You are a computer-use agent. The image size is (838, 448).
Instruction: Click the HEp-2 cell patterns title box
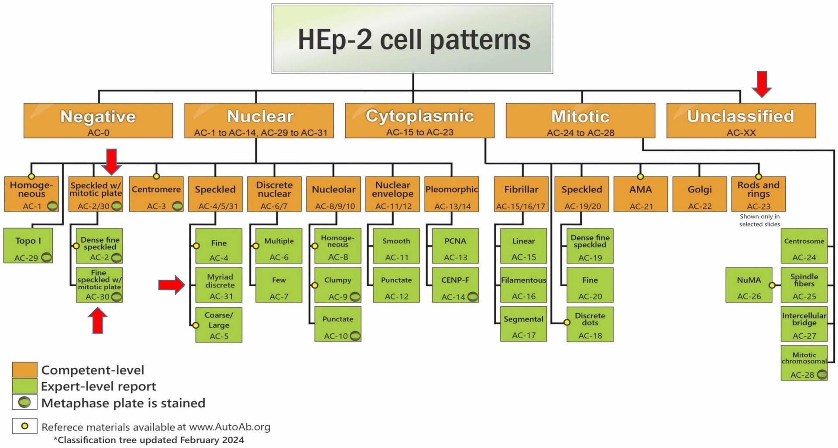point(412,39)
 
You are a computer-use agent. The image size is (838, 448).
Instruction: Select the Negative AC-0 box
point(98,120)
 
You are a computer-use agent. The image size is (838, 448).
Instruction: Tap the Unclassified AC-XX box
point(741,120)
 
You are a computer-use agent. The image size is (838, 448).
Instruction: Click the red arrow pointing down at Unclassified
point(762,84)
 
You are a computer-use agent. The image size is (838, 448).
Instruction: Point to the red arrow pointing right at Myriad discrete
point(171,285)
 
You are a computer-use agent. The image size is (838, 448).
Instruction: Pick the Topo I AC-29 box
point(28,246)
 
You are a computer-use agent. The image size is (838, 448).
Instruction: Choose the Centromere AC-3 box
point(156,194)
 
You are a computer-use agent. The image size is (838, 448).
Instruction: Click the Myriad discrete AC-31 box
point(219,285)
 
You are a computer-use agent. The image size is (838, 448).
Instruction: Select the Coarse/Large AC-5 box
point(219,325)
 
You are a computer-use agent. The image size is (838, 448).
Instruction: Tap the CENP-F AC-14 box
point(455,285)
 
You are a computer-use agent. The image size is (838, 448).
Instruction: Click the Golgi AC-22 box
point(700,194)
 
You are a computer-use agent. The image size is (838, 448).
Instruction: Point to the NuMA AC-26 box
point(749,285)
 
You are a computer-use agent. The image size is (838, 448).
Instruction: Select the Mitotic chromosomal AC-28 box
point(804,363)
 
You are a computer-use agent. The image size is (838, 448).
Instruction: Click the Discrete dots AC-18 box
point(590,324)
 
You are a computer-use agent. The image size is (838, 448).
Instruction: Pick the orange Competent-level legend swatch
point(24,369)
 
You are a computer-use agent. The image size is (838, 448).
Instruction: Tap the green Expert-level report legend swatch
point(24,386)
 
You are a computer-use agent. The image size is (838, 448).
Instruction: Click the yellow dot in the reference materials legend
point(25,426)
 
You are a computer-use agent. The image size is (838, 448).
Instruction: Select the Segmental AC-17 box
point(523,324)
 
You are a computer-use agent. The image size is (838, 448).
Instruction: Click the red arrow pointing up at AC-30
point(98,321)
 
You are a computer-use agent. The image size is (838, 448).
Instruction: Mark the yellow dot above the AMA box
point(640,177)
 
